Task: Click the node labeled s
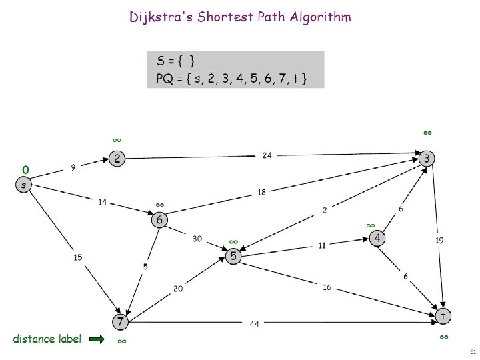(x=24, y=185)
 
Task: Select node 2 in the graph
(x=117, y=159)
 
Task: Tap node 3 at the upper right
(x=427, y=158)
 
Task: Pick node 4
(x=377, y=238)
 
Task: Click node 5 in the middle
(x=233, y=256)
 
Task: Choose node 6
(x=159, y=219)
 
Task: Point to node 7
(x=119, y=322)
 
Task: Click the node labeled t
(x=442, y=314)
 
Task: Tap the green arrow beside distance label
(x=97, y=339)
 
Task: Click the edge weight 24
(x=267, y=155)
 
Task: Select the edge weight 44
(x=254, y=324)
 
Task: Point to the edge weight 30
(x=198, y=238)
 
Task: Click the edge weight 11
(x=321, y=245)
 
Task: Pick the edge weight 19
(x=439, y=239)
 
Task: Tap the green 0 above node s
(x=25, y=170)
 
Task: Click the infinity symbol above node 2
(x=117, y=140)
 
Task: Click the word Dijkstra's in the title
(x=158, y=17)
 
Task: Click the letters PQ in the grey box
(x=163, y=79)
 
